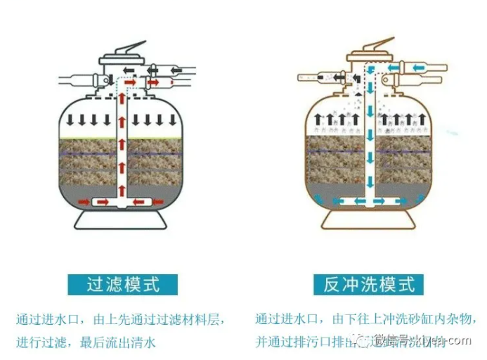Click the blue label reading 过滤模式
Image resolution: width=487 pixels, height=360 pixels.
(123, 284)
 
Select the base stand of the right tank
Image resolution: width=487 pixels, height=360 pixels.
(366, 219)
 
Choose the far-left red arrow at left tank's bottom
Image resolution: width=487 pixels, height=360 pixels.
(101, 202)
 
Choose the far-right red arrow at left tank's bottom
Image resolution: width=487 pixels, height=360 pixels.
(145, 202)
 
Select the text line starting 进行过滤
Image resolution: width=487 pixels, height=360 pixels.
(86, 342)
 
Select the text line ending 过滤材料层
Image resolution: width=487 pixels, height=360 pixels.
(121, 319)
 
